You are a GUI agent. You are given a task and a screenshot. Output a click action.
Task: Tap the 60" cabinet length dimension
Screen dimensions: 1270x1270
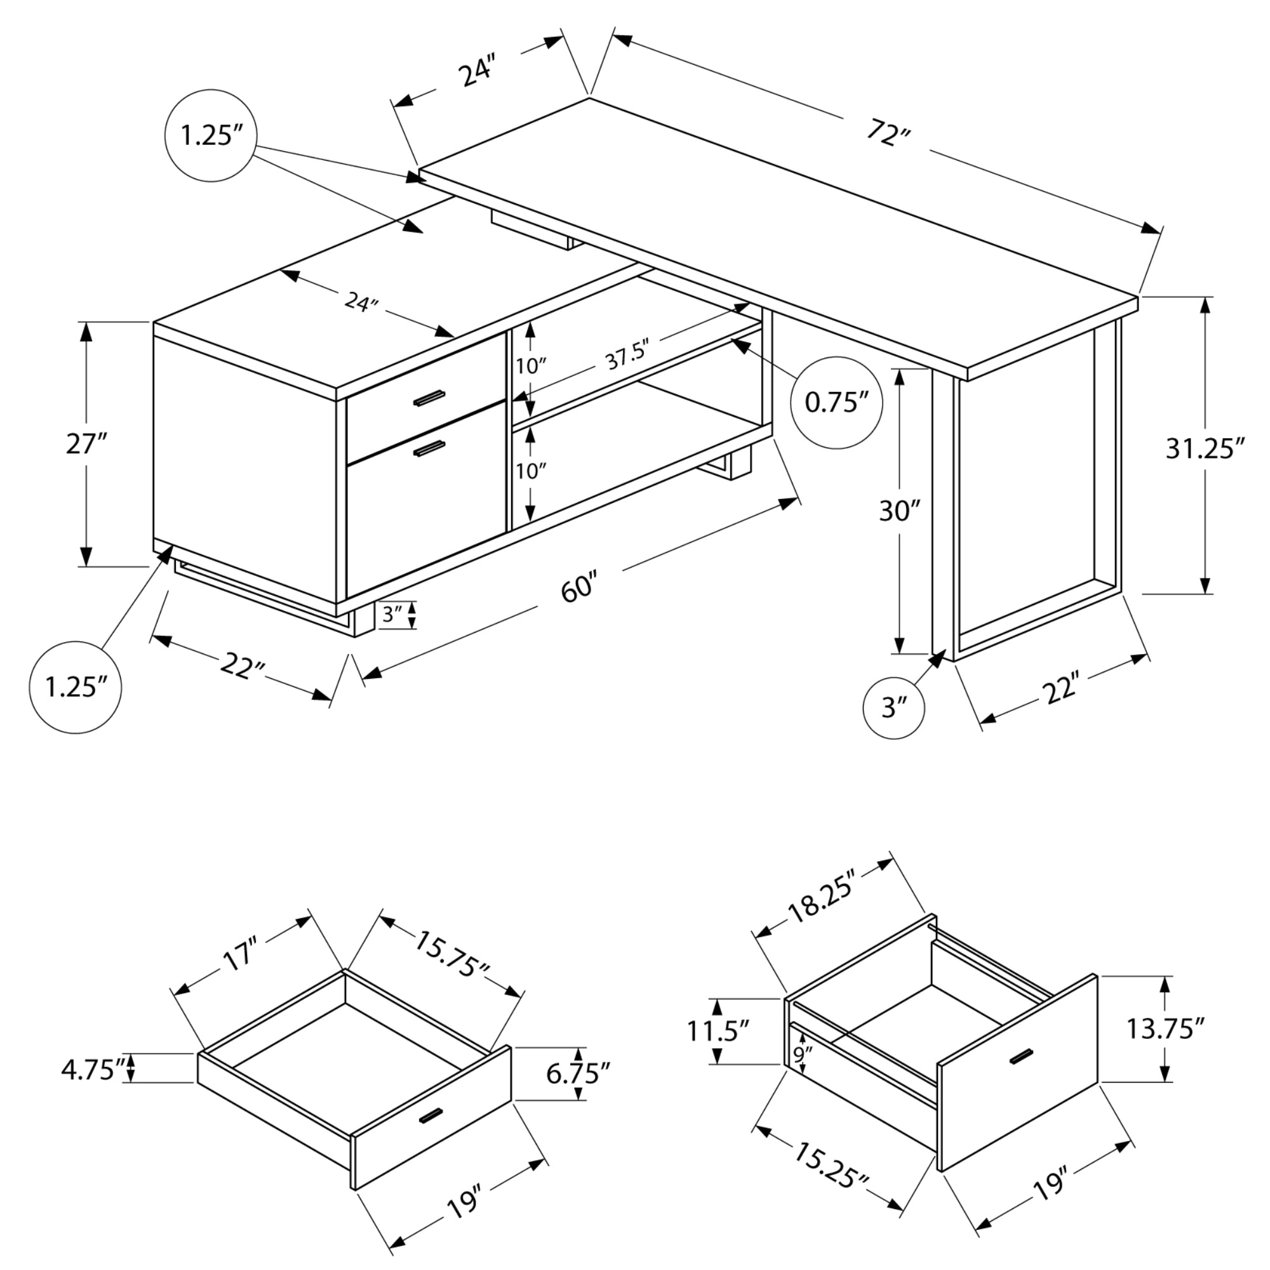point(579,587)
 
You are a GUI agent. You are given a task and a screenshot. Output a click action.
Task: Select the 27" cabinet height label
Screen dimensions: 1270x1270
point(86,444)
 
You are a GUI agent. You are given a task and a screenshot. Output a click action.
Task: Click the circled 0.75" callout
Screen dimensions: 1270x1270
point(836,403)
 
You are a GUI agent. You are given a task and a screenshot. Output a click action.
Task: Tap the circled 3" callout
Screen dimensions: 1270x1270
point(893,708)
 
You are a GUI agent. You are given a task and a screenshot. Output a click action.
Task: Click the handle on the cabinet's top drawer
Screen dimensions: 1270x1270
point(429,398)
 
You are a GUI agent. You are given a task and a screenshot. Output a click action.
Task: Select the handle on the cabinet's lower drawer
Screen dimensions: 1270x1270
point(429,449)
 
